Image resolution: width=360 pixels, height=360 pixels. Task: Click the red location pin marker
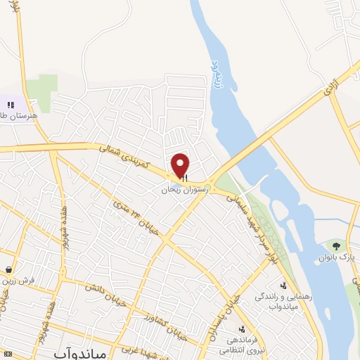[x=181, y=165]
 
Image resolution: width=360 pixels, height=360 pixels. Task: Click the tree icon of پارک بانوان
[x=336, y=246]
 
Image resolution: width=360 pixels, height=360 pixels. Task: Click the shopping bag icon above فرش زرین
[x=8, y=269]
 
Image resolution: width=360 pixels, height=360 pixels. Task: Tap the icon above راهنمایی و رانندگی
[x=282, y=285]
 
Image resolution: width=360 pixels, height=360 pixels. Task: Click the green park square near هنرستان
[x=47, y=92]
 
